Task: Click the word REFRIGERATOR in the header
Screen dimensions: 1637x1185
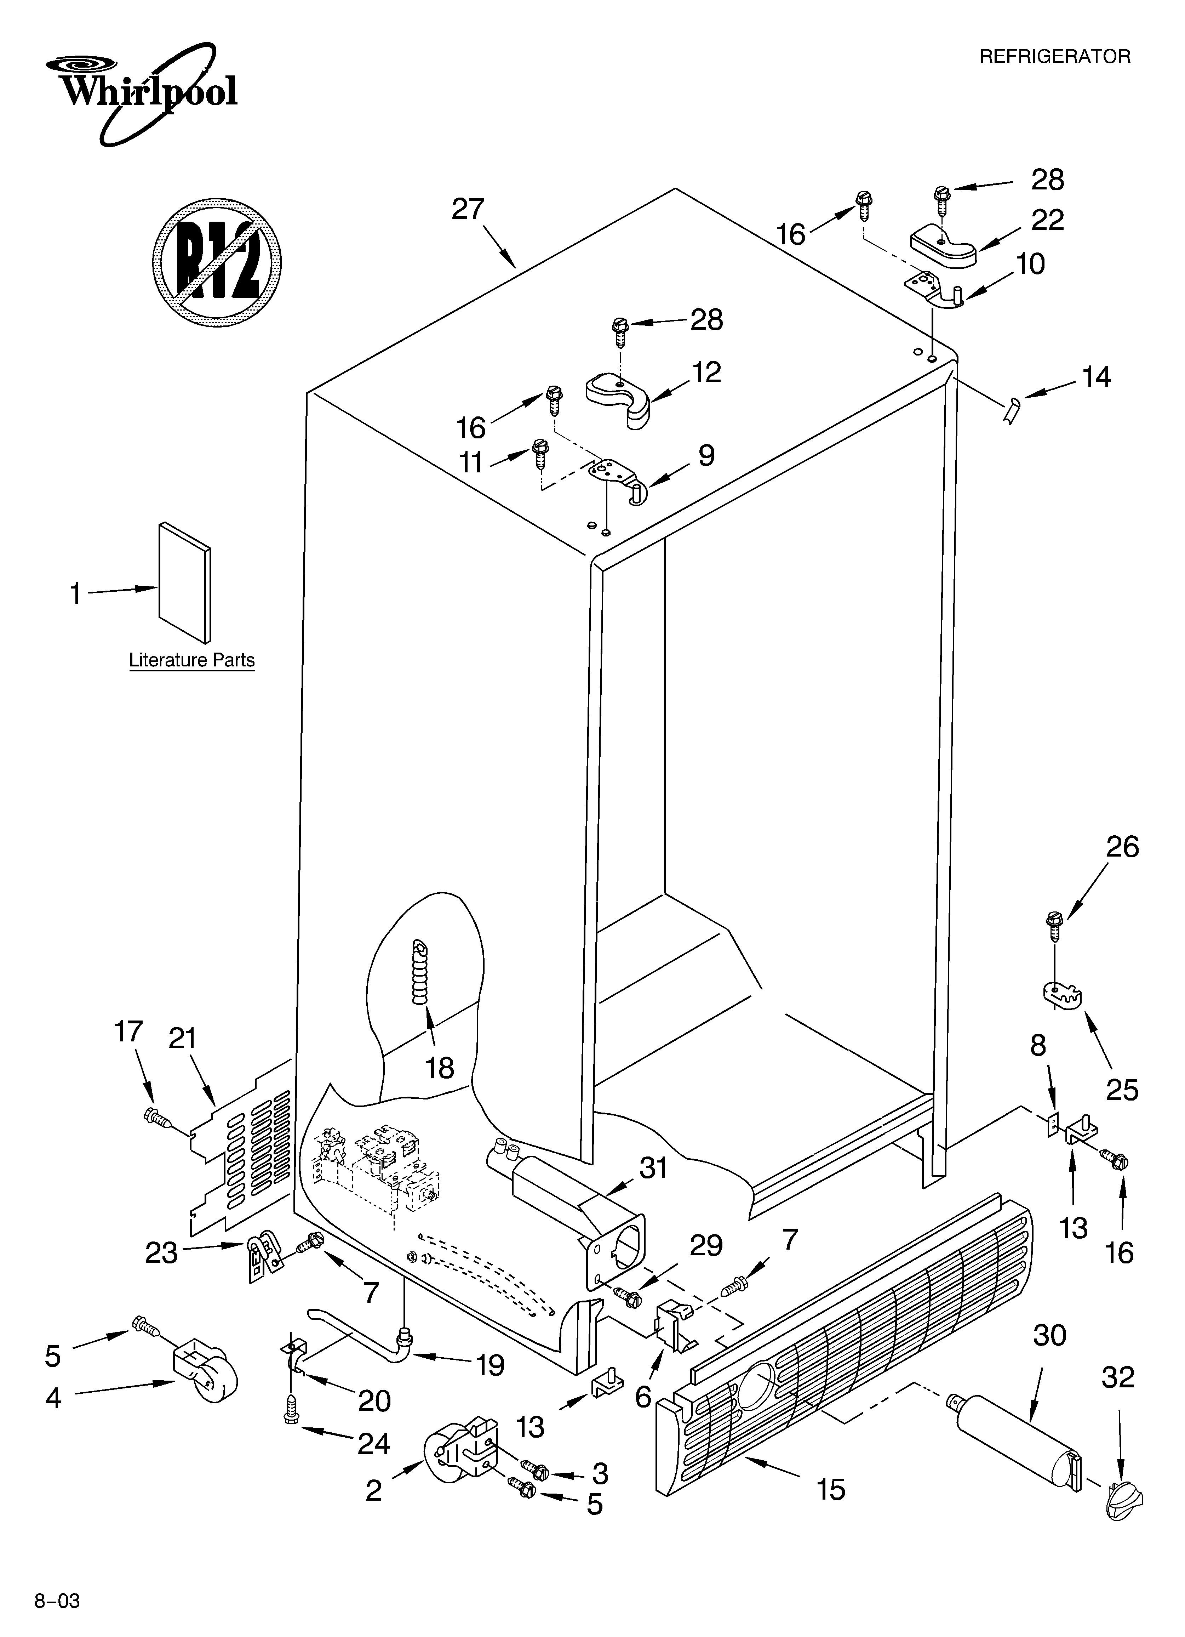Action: point(1054,56)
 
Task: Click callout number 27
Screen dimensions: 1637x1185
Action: point(468,209)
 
